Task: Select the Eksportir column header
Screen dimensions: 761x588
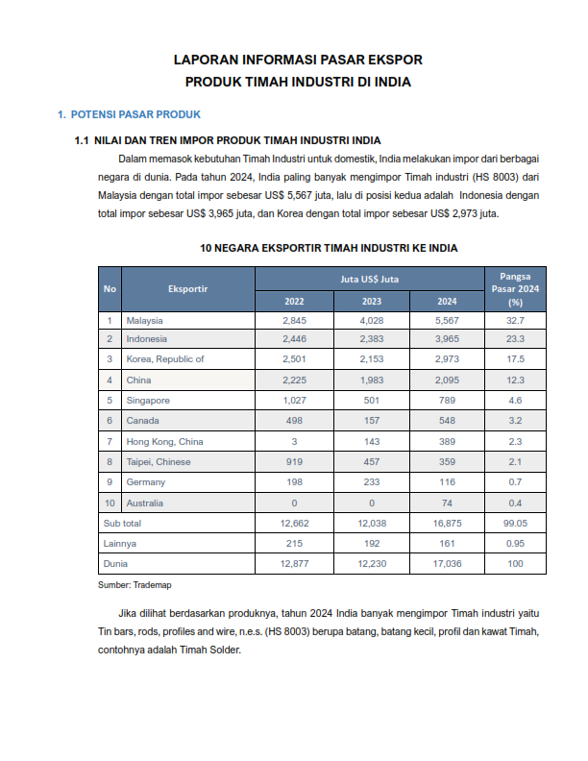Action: click(187, 288)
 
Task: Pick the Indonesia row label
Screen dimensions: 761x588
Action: click(146, 339)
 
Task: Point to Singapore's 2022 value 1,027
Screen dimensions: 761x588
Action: click(294, 400)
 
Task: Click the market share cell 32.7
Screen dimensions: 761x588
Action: click(515, 319)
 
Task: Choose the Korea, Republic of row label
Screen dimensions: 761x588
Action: click(165, 359)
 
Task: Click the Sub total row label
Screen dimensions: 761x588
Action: click(122, 523)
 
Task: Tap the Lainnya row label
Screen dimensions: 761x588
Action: click(119, 543)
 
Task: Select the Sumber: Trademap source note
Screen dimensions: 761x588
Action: click(129, 584)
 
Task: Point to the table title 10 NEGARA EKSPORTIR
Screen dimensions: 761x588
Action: click(329, 248)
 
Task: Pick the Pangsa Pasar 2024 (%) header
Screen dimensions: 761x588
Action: click(515, 288)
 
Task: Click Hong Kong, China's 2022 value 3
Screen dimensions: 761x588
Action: click(294, 441)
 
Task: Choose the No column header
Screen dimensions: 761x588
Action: click(110, 288)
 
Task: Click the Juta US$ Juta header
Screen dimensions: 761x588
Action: click(370, 279)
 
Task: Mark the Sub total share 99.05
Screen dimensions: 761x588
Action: click(515, 523)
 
